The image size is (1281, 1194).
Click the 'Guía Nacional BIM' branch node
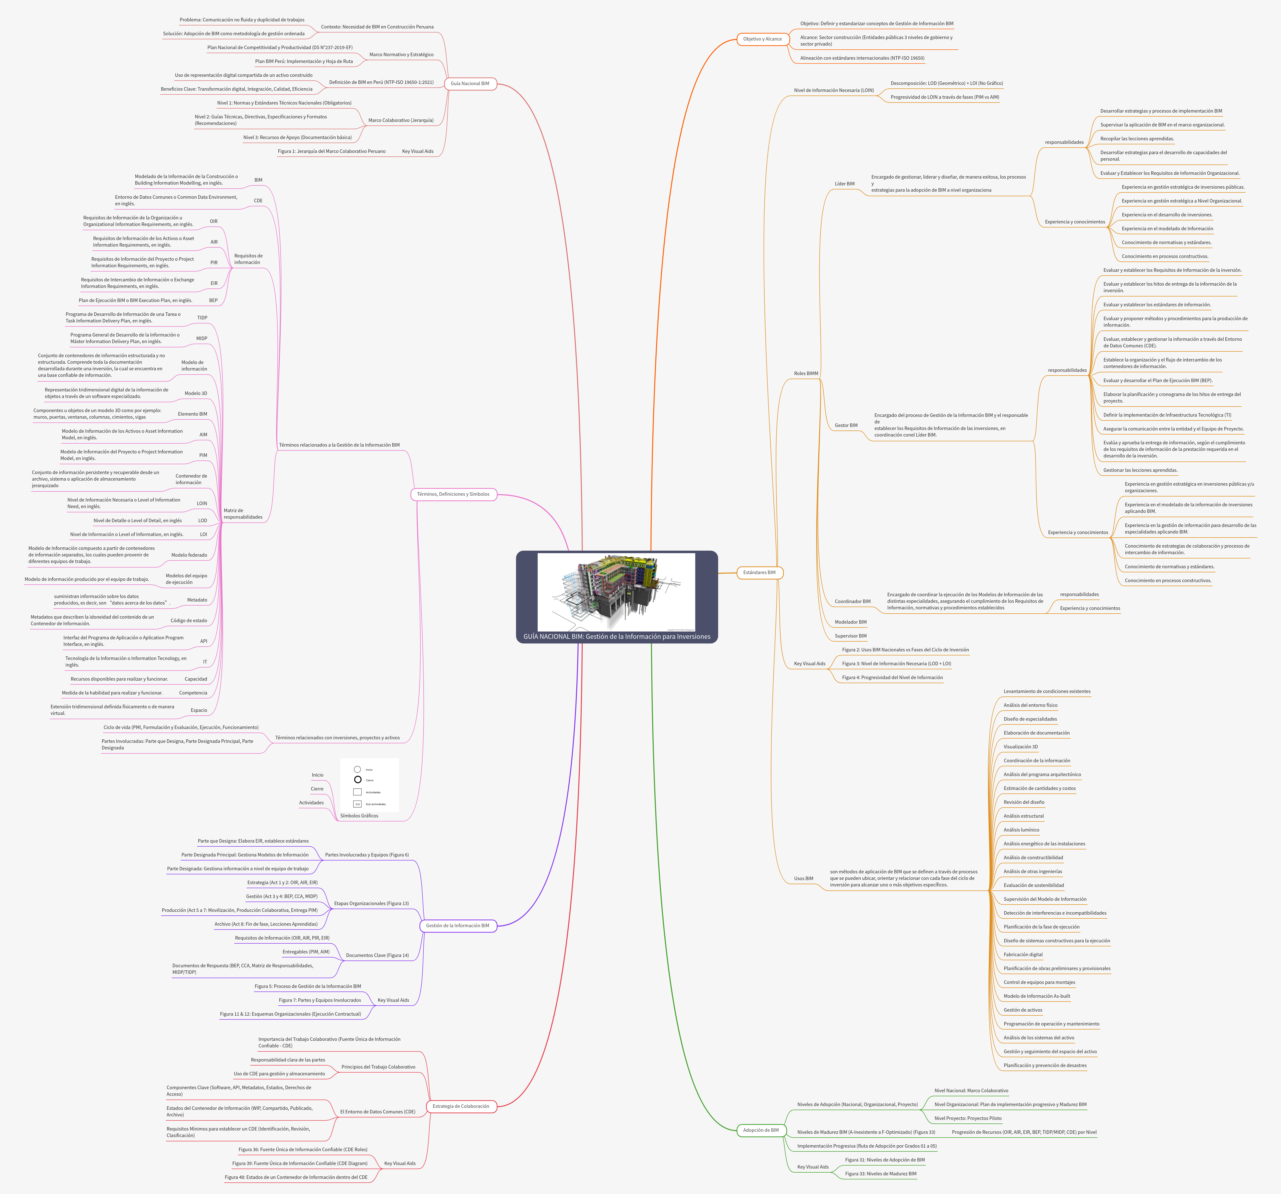(470, 83)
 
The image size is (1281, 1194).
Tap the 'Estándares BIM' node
(759, 573)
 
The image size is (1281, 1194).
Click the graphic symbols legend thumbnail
(369, 785)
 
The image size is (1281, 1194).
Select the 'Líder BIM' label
(844, 184)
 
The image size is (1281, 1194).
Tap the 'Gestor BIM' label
(846, 425)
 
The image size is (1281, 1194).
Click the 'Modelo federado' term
(189, 555)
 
